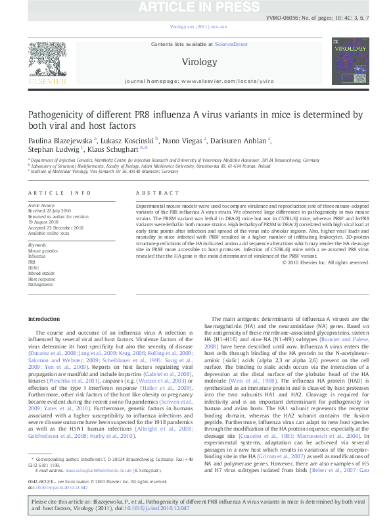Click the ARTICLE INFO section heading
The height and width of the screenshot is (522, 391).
tap(59, 193)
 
